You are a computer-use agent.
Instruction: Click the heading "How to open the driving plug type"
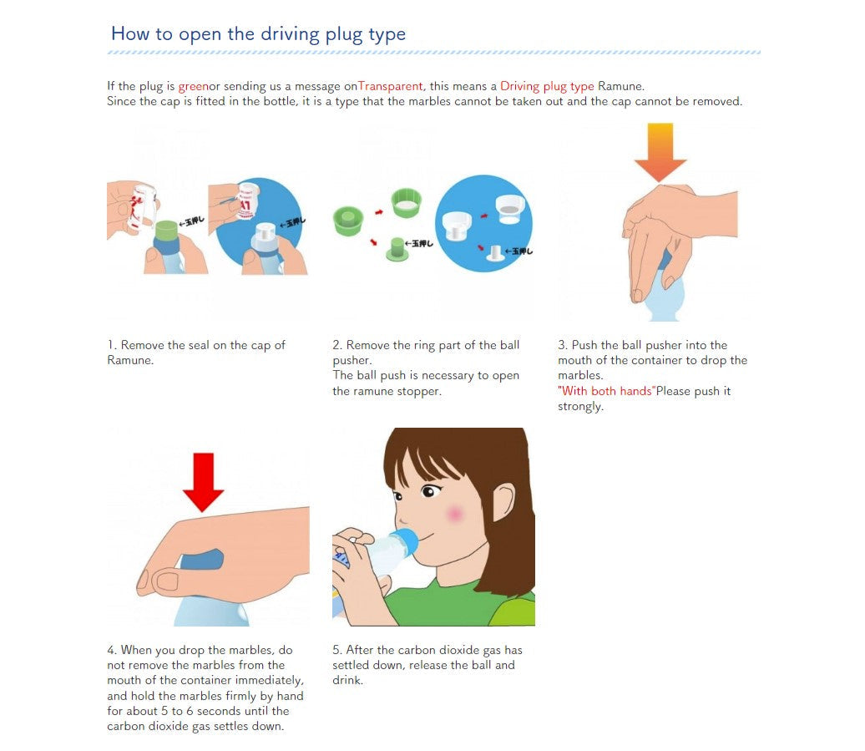click(x=258, y=34)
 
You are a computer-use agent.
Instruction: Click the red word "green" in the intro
click(x=193, y=87)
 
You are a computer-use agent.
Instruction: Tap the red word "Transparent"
click(x=390, y=86)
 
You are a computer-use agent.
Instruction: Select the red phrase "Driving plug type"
click(x=547, y=87)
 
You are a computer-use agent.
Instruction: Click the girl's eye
click(x=428, y=490)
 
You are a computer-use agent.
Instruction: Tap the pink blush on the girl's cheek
click(x=454, y=515)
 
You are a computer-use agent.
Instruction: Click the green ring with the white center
click(x=406, y=202)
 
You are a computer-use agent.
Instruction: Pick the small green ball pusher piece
click(x=396, y=249)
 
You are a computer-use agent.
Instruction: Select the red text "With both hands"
click(x=606, y=391)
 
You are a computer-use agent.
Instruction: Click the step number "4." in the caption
click(x=112, y=650)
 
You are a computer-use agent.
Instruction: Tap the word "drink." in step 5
click(x=347, y=680)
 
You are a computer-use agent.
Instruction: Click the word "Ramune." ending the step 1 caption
click(x=130, y=360)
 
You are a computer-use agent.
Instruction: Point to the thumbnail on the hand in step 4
click(x=165, y=581)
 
